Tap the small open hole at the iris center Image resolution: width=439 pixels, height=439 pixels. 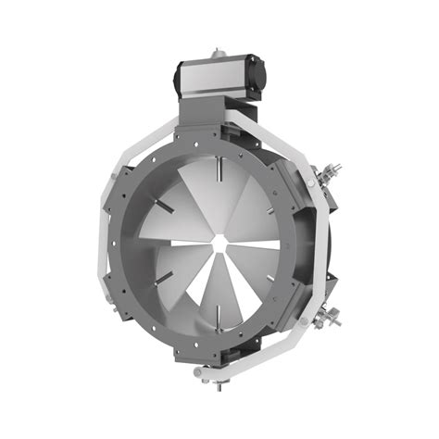click(219, 244)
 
